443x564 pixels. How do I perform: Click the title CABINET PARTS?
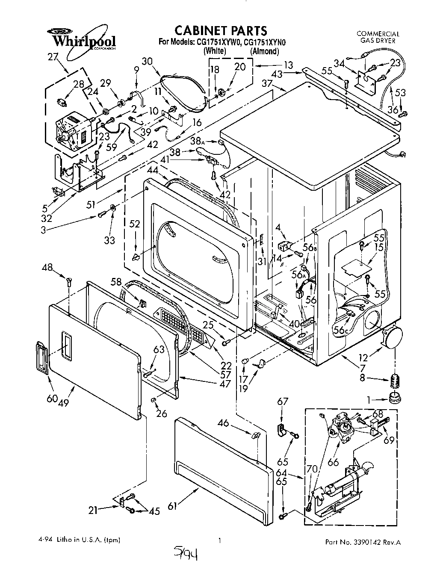[x=221, y=30]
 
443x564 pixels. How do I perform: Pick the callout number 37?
[x=267, y=85]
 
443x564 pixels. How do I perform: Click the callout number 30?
[x=147, y=62]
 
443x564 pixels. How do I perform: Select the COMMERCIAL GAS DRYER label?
[x=378, y=37]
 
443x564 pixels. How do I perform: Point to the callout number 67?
[x=283, y=401]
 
